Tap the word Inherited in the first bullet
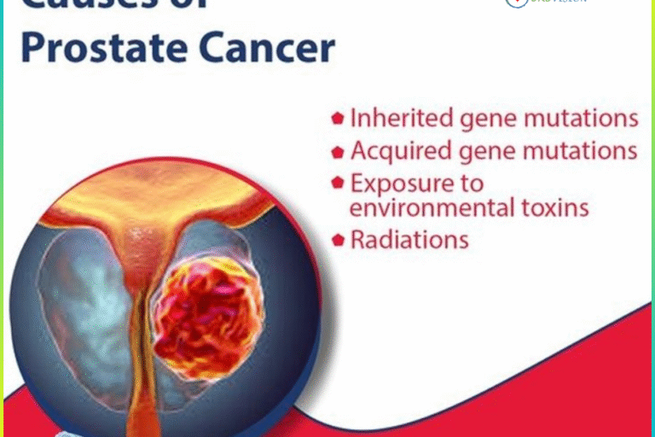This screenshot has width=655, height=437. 395,118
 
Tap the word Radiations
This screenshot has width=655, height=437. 409,240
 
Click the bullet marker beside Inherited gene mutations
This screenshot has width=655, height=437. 338,119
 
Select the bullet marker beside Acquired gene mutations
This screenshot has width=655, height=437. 338,152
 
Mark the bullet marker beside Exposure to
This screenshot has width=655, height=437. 338,183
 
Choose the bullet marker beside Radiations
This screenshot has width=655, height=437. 338,240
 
